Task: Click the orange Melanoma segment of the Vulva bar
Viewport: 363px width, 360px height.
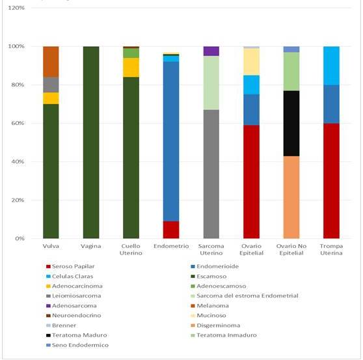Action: tap(51, 62)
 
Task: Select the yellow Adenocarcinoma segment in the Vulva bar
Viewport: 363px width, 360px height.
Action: tap(51, 98)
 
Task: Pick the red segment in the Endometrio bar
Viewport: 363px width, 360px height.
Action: tap(172, 230)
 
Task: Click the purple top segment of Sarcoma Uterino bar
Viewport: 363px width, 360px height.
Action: tap(211, 51)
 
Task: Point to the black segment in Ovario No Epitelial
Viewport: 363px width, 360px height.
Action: tap(292, 123)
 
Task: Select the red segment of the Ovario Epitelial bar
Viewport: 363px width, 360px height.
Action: tap(252, 182)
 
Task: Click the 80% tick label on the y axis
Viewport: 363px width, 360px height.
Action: tap(16, 85)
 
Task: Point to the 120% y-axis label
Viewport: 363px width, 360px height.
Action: tap(15, 8)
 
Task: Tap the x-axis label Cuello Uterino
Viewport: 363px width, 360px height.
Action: tap(131, 251)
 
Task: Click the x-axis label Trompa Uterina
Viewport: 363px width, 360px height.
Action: tap(332, 251)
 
